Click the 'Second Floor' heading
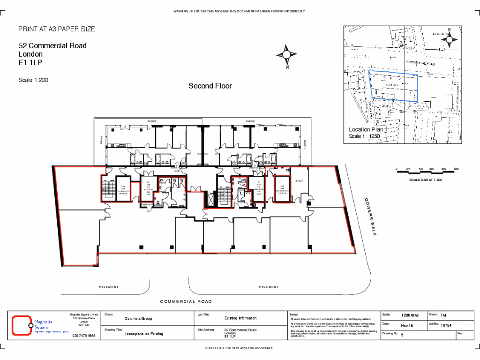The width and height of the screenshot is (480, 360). click(x=210, y=86)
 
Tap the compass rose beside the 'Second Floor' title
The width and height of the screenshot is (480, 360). click(x=286, y=56)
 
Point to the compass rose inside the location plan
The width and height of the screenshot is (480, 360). click(x=449, y=40)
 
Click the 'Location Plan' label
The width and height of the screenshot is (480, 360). click(x=366, y=129)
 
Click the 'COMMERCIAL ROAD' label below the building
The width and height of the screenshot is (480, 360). click(x=186, y=301)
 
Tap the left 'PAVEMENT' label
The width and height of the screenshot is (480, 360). click(x=109, y=287)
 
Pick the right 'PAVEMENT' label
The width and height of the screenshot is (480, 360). click(x=269, y=287)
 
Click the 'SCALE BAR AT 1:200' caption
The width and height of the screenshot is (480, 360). click(x=425, y=180)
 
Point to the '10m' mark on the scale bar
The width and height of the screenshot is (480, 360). click(x=456, y=168)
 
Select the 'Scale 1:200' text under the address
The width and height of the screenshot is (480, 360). click(x=33, y=80)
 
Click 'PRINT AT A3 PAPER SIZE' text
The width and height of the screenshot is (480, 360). click(x=56, y=29)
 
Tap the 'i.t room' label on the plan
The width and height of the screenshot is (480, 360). click(x=299, y=181)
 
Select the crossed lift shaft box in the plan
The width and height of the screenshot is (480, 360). click(x=209, y=200)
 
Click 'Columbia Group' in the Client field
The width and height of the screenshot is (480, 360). click(x=138, y=319)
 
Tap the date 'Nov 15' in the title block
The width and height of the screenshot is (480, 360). click(x=407, y=325)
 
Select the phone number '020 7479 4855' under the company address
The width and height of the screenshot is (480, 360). click(x=84, y=336)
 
